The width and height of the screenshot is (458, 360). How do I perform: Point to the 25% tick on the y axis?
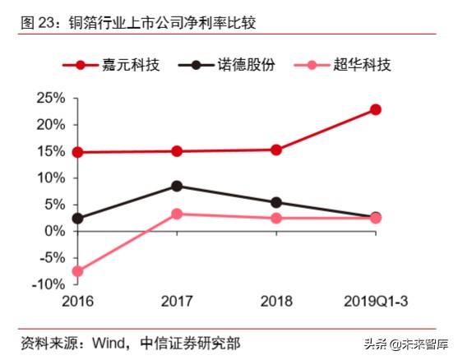pyautogui.click(x=51, y=99)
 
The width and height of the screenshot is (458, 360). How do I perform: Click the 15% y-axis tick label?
pyautogui.click(x=51, y=152)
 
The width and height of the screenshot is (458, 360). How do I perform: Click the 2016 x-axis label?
pyautogui.click(x=77, y=302)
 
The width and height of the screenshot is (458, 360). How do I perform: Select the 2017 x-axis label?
pyautogui.click(x=177, y=302)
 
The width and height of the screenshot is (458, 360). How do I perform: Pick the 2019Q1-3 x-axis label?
pyautogui.click(x=375, y=302)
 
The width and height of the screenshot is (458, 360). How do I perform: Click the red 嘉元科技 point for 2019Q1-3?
pyautogui.click(x=375, y=109)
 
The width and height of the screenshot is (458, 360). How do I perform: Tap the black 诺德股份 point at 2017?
pyautogui.click(x=177, y=186)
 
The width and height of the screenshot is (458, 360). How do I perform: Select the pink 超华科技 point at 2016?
pyautogui.click(x=77, y=271)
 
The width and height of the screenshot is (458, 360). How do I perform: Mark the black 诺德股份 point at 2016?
pyautogui.click(x=77, y=219)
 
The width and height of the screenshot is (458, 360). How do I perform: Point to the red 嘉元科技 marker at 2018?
pyautogui.click(x=276, y=150)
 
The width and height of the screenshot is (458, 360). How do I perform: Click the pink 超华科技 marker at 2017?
pyautogui.click(x=177, y=214)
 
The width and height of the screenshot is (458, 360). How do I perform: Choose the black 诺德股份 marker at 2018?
pyautogui.click(x=276, y=202)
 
